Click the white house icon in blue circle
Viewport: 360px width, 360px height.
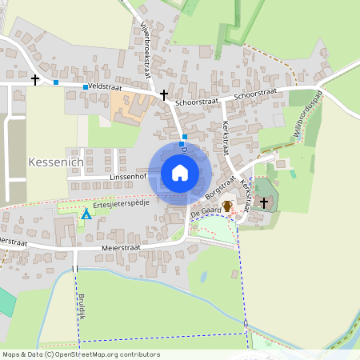[180, 173]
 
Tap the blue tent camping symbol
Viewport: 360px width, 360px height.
[86, 214]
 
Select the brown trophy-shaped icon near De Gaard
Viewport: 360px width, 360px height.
[227, 206]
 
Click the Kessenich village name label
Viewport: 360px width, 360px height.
[55, 162]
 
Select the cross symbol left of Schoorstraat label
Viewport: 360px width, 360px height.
[164, 94]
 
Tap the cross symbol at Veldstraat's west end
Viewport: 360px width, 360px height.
[35, 79]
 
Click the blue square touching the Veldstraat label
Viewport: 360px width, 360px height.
[85, 86]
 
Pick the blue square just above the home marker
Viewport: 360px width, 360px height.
[184, 137]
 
